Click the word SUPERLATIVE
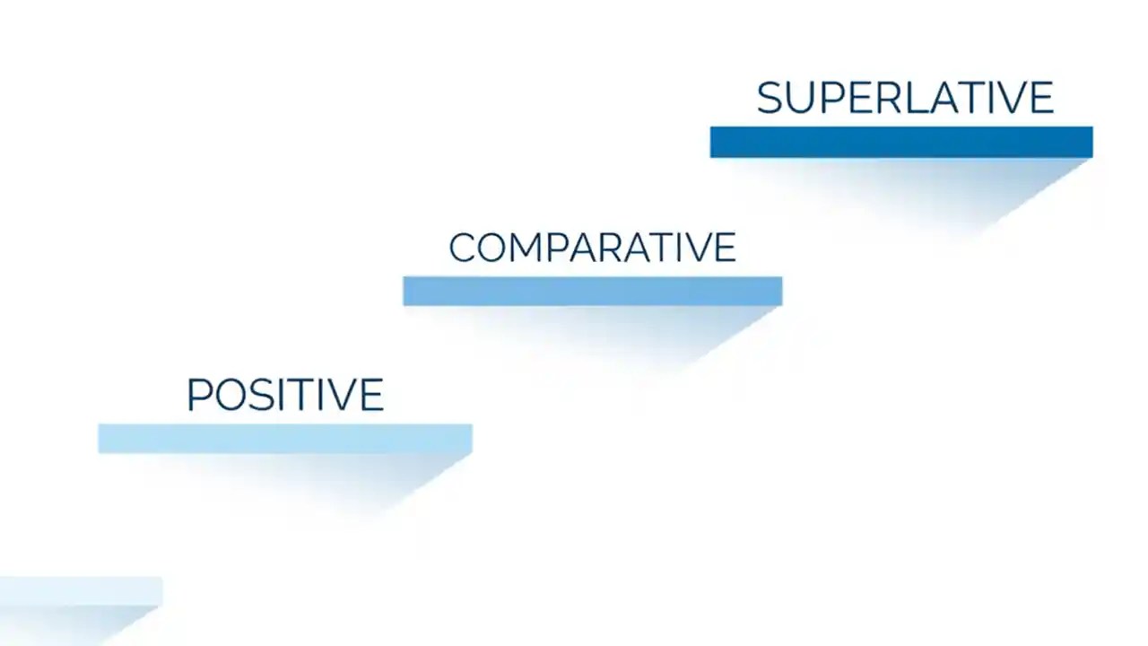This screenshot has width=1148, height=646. point(904,98)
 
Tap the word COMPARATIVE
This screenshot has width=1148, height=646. point(592,248)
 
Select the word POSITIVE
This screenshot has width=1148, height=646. point(285,395)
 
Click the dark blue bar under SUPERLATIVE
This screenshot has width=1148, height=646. point(900,142)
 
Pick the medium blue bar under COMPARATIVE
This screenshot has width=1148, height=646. point(592,291)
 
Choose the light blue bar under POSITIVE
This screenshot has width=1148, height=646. point(285,439)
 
